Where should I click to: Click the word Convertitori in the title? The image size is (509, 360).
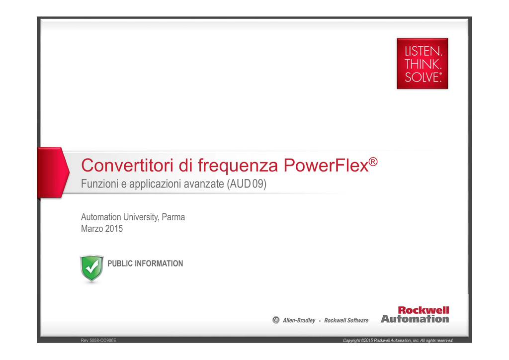(x=127, y=165)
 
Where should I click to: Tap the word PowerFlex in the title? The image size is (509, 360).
(x=326, y=165)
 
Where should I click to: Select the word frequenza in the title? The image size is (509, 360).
(x=238, y=166)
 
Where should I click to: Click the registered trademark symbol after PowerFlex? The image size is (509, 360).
(x=373, y=161)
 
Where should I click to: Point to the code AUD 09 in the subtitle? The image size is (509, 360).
(x=247, y=184)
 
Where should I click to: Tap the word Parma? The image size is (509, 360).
(x=173, y=217)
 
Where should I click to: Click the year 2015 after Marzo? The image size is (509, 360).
(x=114, y=229)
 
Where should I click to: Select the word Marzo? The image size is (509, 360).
(x=92, y=229)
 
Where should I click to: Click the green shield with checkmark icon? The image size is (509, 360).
(x=92, y=268)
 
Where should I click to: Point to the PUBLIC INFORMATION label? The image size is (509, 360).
(x=145, y=263)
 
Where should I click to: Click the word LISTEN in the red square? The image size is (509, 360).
(x=423, y=51)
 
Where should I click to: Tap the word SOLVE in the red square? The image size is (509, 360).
(x=422, y=77)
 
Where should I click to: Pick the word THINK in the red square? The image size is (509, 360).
(x=423, y=64)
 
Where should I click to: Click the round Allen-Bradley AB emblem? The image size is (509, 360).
(x=276, y=320)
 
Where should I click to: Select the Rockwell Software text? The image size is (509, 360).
(x=346, y=320)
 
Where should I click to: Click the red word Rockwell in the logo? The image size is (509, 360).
(x=424, y=310)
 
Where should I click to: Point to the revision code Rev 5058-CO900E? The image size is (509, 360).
(x=98, y=340)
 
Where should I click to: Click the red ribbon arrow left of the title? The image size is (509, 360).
(x=53, y=173)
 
